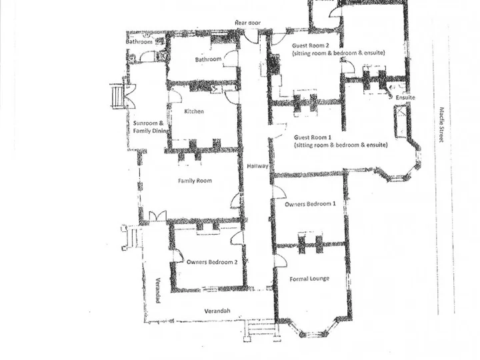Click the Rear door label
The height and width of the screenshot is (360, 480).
(x=247, y=23)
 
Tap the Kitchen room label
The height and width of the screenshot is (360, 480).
(x=194, y=111)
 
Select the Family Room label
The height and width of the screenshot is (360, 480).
(x=195, y=181)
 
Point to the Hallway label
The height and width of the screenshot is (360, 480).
(x=257, y=166)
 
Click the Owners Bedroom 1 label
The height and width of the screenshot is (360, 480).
(x=310, y=204)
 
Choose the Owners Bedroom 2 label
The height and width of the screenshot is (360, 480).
(x=212, y=262)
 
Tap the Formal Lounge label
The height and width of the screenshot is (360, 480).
(x=309, y=279)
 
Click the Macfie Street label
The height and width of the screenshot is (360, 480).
(x=441, y=125)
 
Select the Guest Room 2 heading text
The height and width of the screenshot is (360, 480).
(x=311, y=45)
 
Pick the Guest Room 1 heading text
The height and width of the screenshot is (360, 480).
(x=313, y=137)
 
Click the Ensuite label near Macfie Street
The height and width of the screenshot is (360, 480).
(x=405, y=97)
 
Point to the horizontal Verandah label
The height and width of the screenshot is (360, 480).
(x=217, y=311)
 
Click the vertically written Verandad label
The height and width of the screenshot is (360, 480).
(x=158, y=291)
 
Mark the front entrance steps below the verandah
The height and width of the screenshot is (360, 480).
(x=262, y=330)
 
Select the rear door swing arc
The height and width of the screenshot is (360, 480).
(x=251, y=37)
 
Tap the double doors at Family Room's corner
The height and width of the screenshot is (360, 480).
(x=157, y=215)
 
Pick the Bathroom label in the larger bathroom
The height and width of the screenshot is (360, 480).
(x=208, y=59)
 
